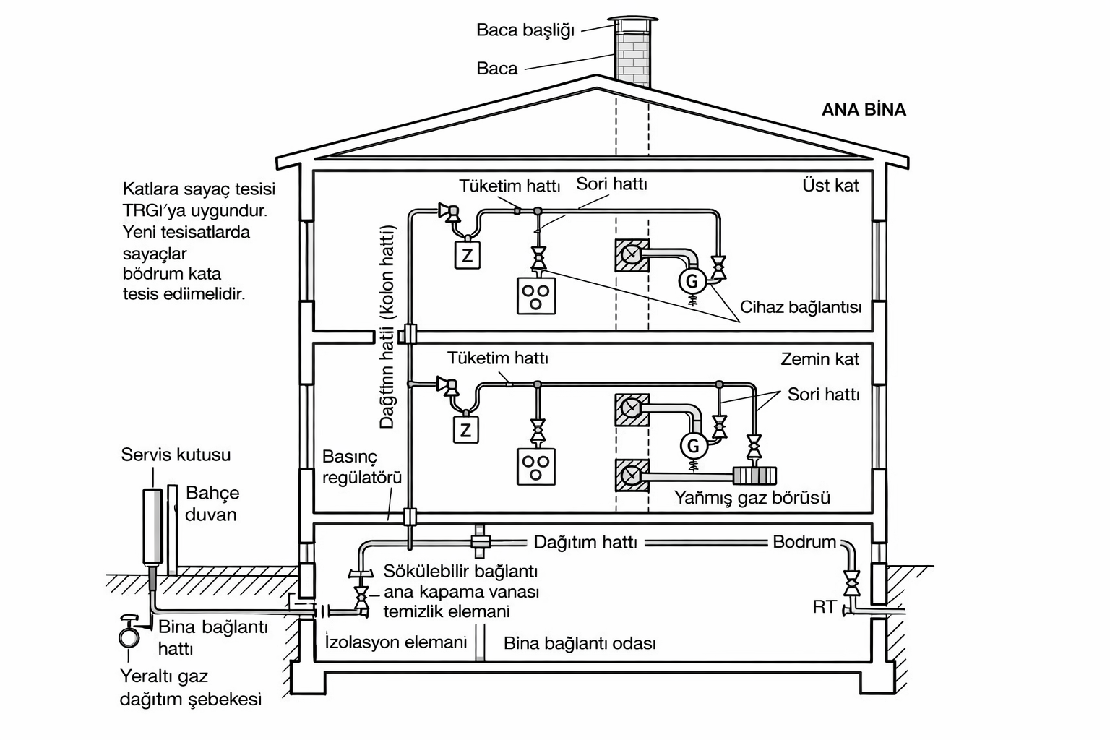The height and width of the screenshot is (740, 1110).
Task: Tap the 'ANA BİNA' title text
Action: pyautogui.click(x=864, y=110)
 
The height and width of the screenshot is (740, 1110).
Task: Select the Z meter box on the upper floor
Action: pyautogui.click(x=468, y=254)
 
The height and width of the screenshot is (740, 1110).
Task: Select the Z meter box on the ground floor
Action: pyautogui.click(x=466, y=430)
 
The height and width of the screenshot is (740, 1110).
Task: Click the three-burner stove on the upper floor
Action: pyautogui.click(x=536, y=295)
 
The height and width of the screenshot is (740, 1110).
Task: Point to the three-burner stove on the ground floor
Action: pyautogui.click(x=536, y=466)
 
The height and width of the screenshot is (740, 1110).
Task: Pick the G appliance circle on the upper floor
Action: pyautogui.click(x=692, y=280)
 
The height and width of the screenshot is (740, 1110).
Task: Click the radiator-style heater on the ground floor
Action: pyautogui.click(x=754, y=476)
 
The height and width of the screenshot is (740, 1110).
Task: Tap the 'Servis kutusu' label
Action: pyautogui.click(x=176, y=455)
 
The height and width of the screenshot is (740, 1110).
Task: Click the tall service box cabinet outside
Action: pyautogui.click(x=152, y=526)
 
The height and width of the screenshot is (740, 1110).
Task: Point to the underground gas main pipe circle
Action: pyautogui.click(x=129, y=637)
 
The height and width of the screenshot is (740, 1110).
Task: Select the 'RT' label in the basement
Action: pyautogui.click(x=824, y=607)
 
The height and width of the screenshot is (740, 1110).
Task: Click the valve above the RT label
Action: pyautogui.click(x=851, y=580)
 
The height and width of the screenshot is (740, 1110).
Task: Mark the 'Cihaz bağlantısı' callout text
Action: pyautogui.click(x=801, y=307)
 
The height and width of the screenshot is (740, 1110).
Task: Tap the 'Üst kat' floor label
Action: pyautogui.click(x=830, y=186)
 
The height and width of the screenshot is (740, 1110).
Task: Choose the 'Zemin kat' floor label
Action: pyautogui.click(x=819, y=359)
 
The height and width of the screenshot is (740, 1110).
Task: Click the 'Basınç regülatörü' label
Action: pyautogui.click(x=361, y=467)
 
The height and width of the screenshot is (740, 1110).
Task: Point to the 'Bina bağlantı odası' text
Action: pyautogui.click(x=580, y=643)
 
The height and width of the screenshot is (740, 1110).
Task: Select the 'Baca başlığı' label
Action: pyautogui.click(x=525, y=30)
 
